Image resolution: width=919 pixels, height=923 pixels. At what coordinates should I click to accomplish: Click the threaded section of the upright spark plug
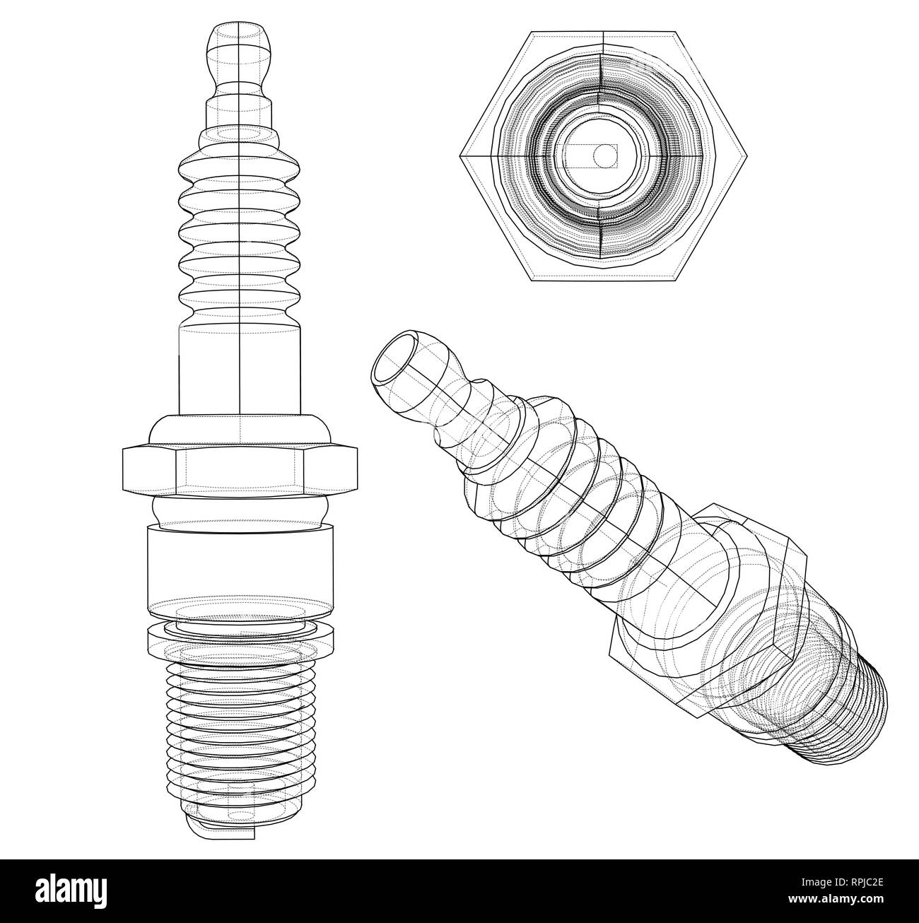coord(240,714)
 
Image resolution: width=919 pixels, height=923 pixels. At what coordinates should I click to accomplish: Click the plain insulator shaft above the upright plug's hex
coord(240,368)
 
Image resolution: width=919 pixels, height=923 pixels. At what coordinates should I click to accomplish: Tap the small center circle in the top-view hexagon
coord(604,155)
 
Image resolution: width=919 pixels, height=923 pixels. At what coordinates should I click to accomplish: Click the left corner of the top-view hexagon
coord(463,156)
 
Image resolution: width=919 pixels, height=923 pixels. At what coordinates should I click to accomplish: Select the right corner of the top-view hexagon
coord(743,156)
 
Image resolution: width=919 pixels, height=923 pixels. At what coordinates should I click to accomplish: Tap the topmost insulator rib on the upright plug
coord(240,170)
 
